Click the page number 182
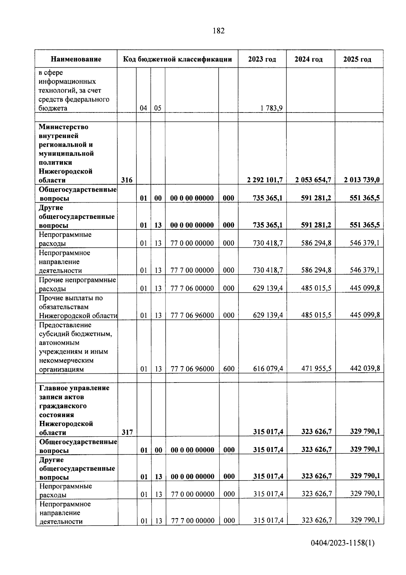[x=219, y=31]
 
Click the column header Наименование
[x=76, y=59]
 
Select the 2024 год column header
[x=309, y=59]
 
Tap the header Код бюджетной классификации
[x=177, y=59]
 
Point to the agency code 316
[x=127, y=180]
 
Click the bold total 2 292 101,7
[x=265, y=180]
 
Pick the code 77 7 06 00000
[x=192, y=288]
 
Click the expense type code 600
[x=229, y=369]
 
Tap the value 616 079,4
[x=268, y=369]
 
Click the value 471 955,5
[x=316, y=369]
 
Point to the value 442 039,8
[x=365, y=368]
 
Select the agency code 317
[x=127, y=432]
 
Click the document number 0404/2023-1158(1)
[x=343, y=543]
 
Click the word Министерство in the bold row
[x=63, y=127]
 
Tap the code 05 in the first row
[x=158, y=108]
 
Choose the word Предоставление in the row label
[x=65, y=325]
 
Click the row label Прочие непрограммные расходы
[x=77, y=284]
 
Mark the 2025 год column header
[x=357, y=59]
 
